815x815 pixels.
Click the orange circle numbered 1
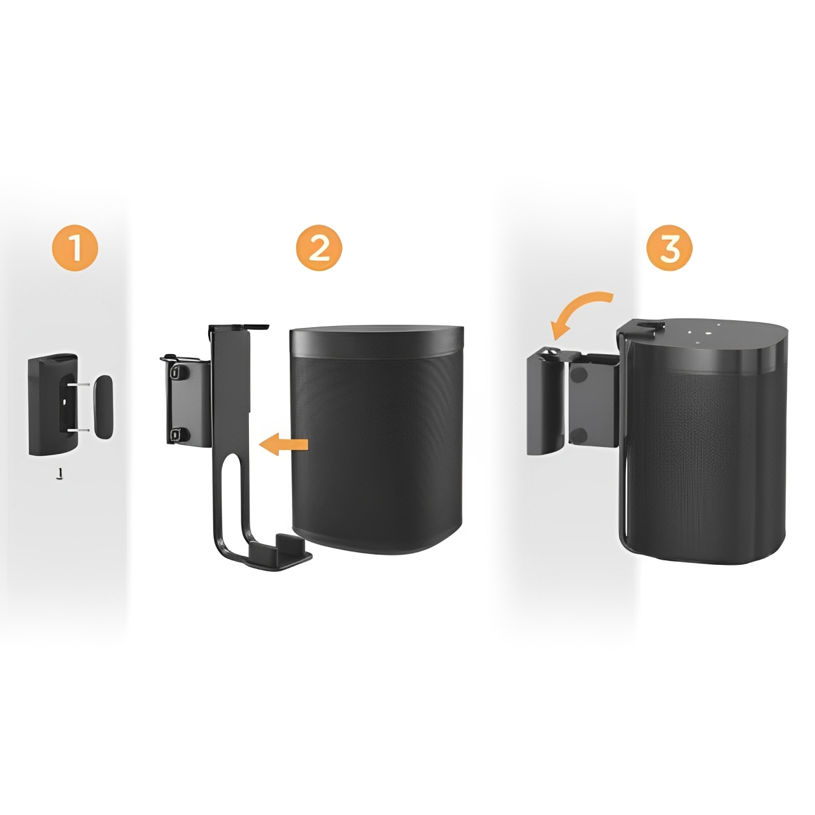point(75,248)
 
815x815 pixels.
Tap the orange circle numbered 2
point(319,248)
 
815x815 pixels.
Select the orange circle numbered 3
point(670,248)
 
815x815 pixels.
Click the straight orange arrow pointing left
point(283,444)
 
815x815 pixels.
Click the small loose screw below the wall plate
point(60,473)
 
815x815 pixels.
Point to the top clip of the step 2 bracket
point(239,327)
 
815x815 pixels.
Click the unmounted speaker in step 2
point(376,441)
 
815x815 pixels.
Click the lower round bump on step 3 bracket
point(580,434)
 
